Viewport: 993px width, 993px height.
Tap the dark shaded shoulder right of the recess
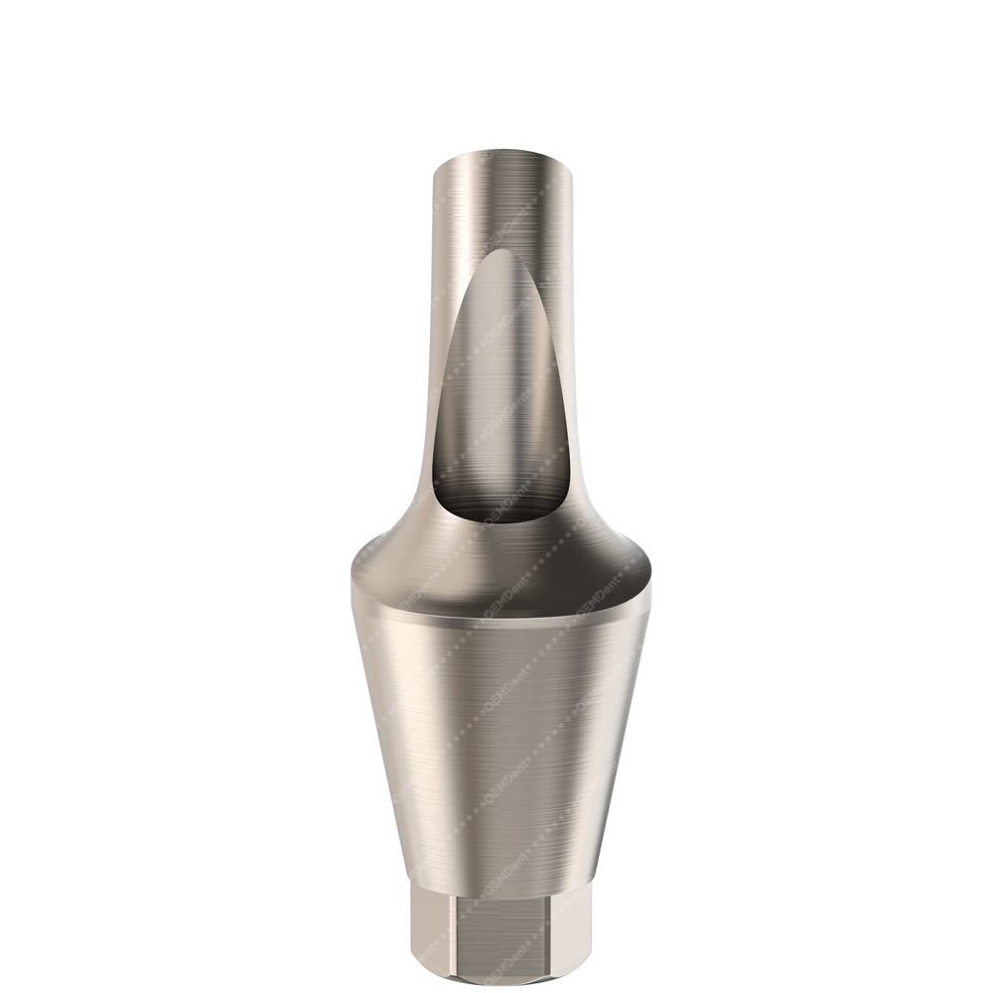(x=606, y=556)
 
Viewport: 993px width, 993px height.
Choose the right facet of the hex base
(x=576, y=933)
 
